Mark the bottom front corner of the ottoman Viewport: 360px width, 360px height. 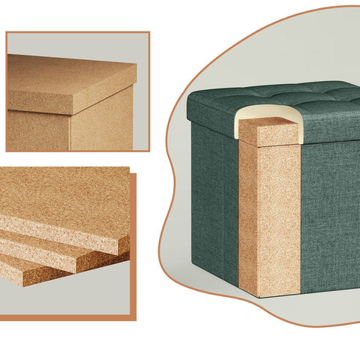click(259, 295)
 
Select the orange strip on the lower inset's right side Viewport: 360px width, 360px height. click(133, 247)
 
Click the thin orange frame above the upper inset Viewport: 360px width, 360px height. click(75, 32)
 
